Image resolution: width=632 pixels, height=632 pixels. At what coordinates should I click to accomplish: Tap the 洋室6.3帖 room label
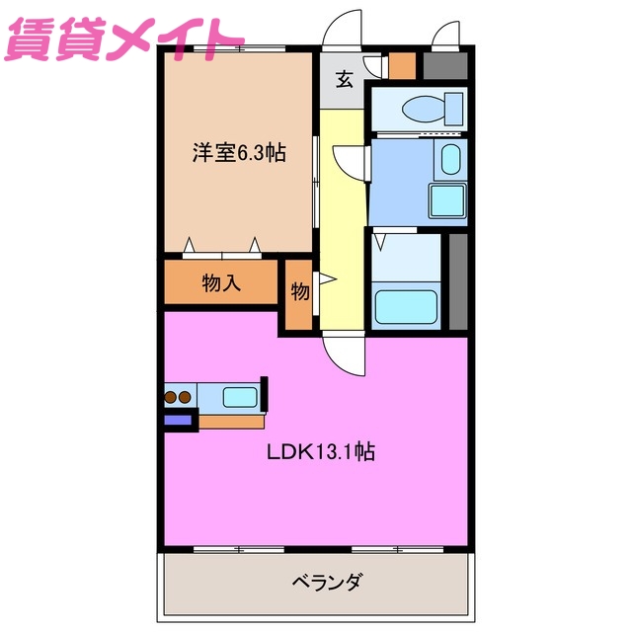(239, 153)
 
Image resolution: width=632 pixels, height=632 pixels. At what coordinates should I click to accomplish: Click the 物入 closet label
(221, 284)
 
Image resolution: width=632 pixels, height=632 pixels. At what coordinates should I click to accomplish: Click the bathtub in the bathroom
(405, 307)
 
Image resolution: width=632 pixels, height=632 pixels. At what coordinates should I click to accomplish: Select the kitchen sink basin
(240, 397)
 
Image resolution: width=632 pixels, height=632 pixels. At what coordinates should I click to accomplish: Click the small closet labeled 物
(299, 293)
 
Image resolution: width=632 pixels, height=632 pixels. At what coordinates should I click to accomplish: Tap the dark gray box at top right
(444, 66)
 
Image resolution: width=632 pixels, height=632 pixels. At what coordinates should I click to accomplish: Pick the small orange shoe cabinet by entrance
(402, 66)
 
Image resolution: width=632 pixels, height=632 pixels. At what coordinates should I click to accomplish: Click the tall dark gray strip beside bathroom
(457, 280)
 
